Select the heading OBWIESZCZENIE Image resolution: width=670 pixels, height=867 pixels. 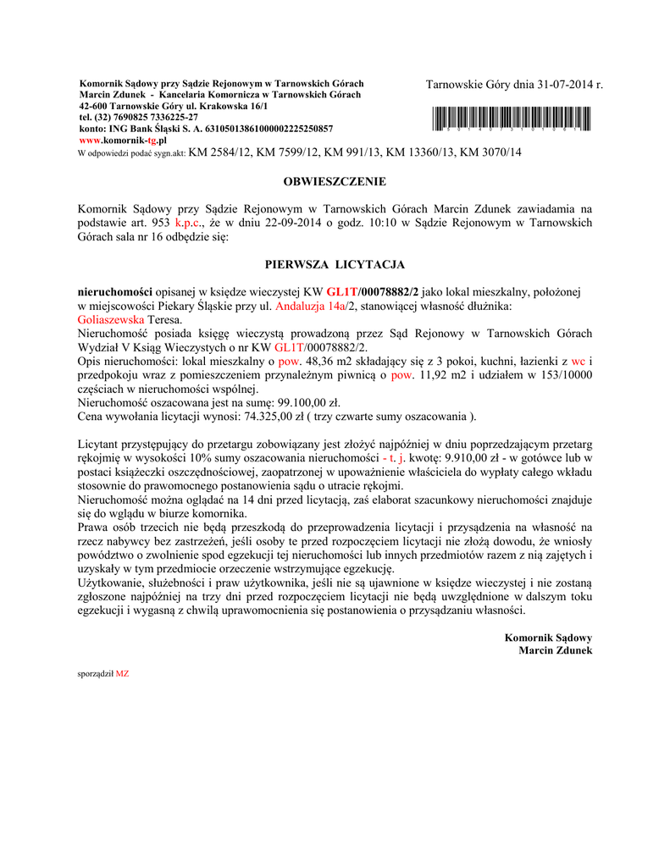click(335, 181)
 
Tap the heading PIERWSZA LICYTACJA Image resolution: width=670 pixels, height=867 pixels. click(335, 264)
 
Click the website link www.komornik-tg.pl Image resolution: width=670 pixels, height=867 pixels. click(122, 140)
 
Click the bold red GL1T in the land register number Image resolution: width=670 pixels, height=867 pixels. click(342, 290)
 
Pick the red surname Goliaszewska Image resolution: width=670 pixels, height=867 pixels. click(110, 321)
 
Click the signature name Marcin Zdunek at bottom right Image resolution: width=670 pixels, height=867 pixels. click(555, 650)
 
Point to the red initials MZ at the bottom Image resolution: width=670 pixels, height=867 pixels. click(122, 674)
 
